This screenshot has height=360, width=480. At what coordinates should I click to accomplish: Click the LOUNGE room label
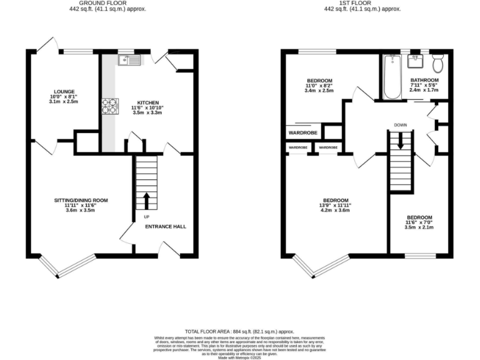[x=64, y=91]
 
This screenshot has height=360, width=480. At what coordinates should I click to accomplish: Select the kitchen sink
[x=132, y=60]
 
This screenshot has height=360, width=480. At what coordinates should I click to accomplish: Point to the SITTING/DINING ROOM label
[x=81, y=200]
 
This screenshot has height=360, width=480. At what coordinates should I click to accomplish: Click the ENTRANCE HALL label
[x=166, y=226]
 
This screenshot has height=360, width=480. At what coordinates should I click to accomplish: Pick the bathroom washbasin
[x=415, y=61]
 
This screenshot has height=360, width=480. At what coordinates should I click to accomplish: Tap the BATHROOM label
[x=424, y=81]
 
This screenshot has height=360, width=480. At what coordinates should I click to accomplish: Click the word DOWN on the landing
[x=401, y=125]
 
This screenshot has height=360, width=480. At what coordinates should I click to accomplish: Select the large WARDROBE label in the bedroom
[x=302, y=133]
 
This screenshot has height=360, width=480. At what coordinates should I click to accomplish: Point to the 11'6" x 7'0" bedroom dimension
[x=418, y=222]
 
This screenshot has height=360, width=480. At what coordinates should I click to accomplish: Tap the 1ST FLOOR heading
[x=362, y=4]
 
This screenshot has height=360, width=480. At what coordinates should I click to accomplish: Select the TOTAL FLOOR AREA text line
[x=239, y=331]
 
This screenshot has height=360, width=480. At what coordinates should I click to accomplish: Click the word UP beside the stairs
[x=147, y=217]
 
